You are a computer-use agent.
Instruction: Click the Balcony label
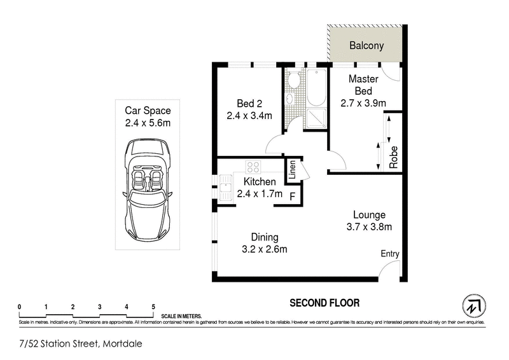point(366,46)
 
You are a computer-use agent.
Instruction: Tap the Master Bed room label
point(363,85)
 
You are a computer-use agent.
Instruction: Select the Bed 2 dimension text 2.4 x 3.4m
point(249,116)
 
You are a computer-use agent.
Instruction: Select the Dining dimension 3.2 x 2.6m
point(265,249)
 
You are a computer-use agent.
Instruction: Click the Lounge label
point(370,214)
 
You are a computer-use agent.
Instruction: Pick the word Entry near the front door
point(390,254)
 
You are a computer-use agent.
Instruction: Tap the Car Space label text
point(147,111)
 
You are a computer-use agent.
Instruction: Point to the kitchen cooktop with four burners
point(253,168)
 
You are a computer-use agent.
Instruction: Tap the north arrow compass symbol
point(471,306)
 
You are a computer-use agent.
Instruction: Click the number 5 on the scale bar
point(153,307)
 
